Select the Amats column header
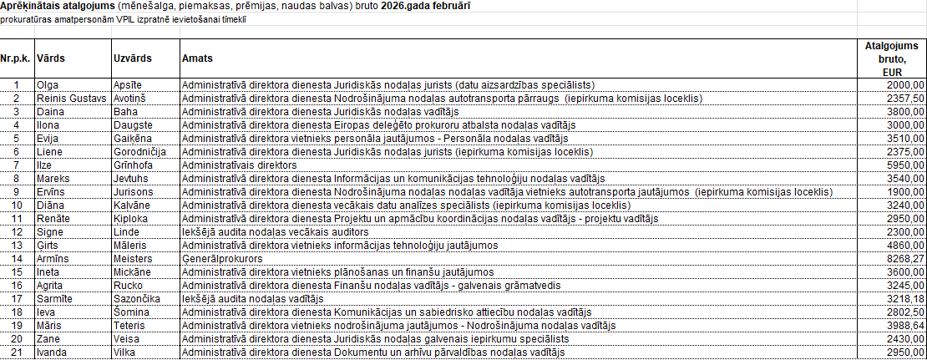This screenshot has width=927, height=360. (x=197, y=59)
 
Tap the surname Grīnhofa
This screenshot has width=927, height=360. (x=136, y=165)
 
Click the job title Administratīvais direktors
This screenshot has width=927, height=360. (x=239, y=165)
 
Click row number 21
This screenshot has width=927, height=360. (x=15, y=352)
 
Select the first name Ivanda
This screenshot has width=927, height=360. (x=52, y=352)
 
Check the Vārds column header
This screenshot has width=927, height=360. (x=51, y=59)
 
